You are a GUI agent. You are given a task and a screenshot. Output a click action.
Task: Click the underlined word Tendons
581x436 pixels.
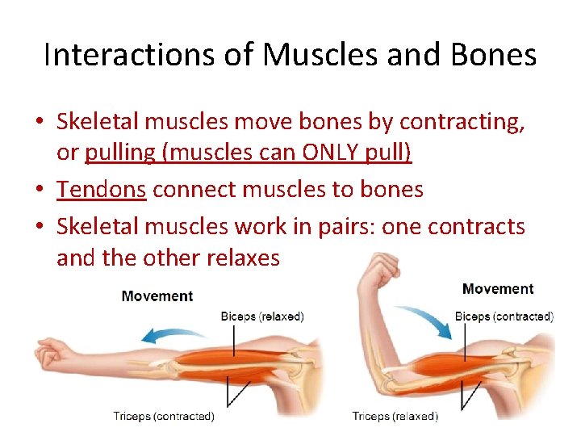coord(101,189)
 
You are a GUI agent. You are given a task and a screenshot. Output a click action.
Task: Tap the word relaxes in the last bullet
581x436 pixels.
coord(243,258)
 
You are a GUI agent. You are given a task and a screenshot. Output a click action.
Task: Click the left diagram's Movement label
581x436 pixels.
coord(157,296)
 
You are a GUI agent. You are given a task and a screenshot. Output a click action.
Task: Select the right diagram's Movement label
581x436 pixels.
coord(498,289)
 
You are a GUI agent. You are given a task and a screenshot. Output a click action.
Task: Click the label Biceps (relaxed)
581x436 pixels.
coord(262,317)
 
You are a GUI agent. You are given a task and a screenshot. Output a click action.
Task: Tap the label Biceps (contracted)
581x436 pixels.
coord(504,317)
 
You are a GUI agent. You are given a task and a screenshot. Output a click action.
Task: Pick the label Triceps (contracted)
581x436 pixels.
coord(164,417)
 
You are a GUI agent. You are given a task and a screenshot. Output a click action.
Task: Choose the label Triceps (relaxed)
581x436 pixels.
coord(395,417)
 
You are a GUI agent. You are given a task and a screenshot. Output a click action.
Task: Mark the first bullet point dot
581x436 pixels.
coord(39,122)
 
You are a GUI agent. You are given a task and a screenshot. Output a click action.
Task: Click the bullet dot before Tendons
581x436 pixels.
coord(39,190)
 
